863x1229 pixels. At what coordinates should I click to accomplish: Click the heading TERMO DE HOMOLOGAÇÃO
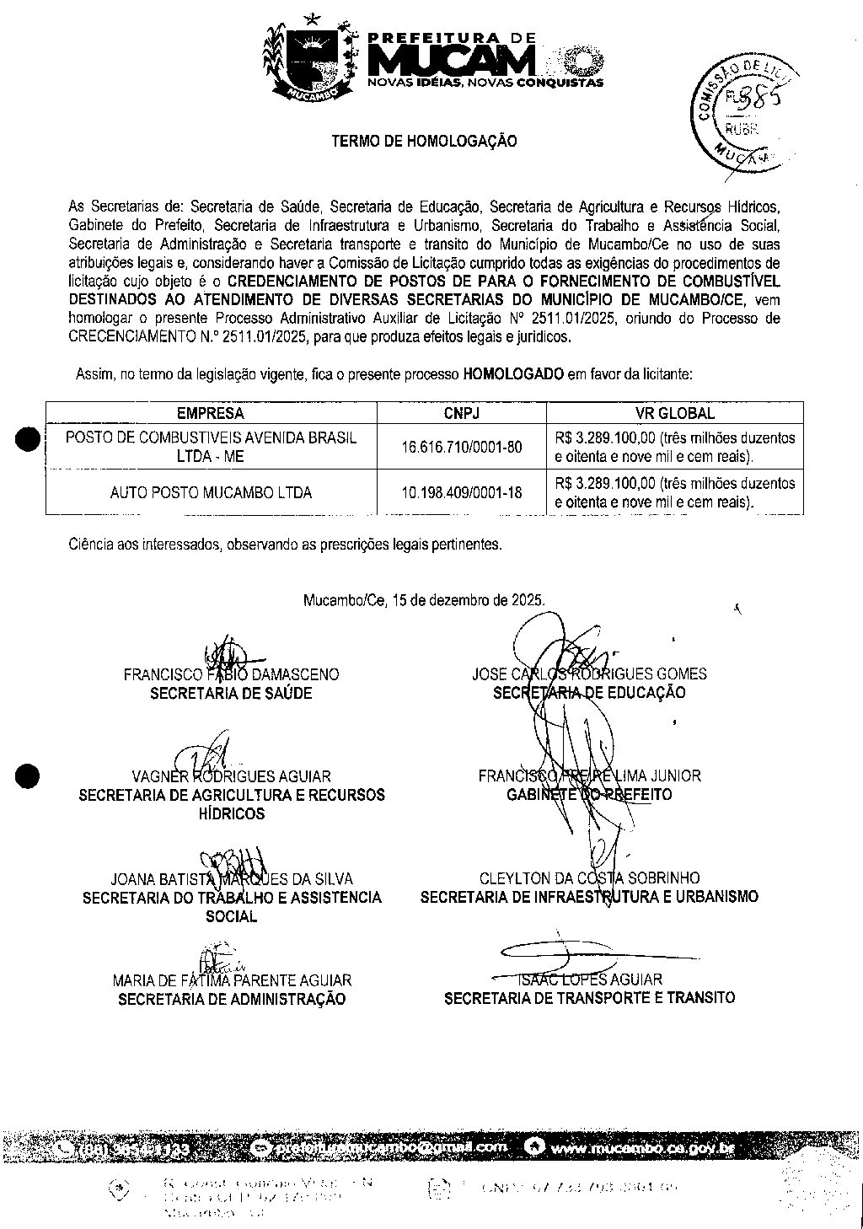coord(424,142)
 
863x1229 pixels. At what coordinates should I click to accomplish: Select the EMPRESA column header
coord(211,413)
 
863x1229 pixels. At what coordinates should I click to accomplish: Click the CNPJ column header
coord(462,413)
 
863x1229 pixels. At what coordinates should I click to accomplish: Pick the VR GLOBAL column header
coord(674,413)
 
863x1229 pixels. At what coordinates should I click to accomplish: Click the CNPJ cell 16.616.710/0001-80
coord(462,447)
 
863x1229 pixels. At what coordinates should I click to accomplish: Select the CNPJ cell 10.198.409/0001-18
coord(462,492)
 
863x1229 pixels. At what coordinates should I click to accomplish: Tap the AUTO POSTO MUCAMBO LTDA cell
coord(211,492)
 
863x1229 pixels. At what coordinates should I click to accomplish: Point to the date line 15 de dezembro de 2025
coord(424,600)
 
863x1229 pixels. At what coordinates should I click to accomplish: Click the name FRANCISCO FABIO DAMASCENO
coord(231,674)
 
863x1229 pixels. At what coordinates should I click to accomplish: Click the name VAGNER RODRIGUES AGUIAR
coord(231,776)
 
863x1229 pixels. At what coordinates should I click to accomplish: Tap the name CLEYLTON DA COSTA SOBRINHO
coord(589,878)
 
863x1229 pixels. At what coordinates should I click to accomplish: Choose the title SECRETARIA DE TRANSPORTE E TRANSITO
coord(589,998)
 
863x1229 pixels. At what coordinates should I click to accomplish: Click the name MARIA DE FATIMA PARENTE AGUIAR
coord(232,980)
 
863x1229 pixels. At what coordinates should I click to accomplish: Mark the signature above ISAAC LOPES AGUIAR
coord(565,953)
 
